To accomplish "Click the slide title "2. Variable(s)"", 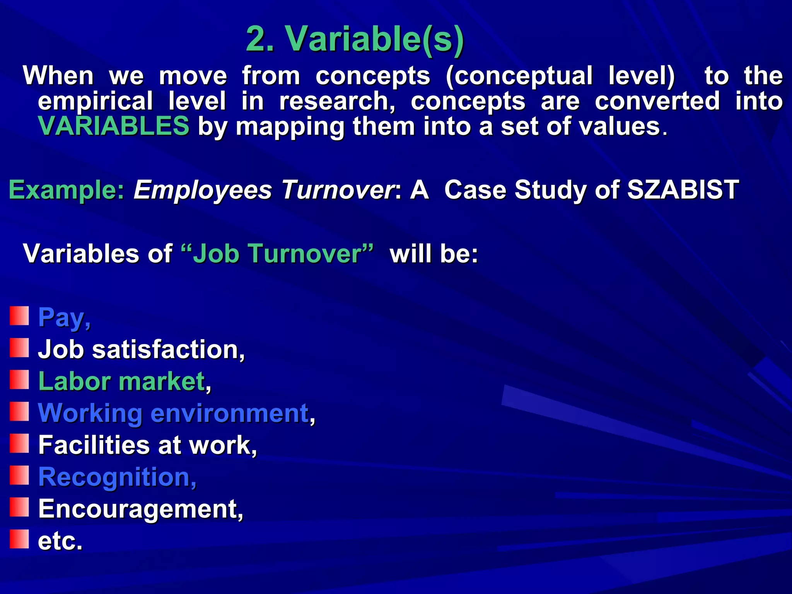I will coord(355,39).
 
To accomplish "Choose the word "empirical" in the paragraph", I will coord(95,101).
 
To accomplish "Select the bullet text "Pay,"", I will coord(64,317).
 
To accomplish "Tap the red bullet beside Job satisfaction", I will coord(19,348).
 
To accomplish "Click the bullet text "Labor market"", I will coord(121,381).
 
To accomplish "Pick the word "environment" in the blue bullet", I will coord(230,413).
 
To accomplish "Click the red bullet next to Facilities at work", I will coord(19,443).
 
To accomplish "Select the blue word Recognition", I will coord(114,476).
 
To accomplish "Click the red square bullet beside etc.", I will coord(19,539).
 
